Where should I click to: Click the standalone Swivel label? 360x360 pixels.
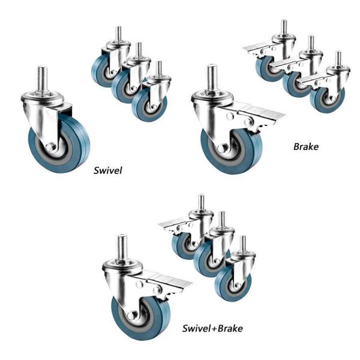107,170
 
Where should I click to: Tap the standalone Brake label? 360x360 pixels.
306,146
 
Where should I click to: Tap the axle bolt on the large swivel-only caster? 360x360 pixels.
52,146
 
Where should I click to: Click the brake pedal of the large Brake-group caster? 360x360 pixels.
262,111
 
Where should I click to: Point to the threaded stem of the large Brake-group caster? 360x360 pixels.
212,78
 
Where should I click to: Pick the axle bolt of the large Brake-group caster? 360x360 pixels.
221,149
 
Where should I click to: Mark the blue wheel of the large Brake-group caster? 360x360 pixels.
232,152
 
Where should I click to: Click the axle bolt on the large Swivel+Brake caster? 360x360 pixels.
132,316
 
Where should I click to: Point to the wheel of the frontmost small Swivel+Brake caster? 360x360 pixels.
232,284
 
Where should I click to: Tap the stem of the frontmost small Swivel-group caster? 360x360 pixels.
158,68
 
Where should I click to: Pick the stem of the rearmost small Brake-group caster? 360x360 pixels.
284,27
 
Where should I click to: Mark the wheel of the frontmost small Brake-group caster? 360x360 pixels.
327,99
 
